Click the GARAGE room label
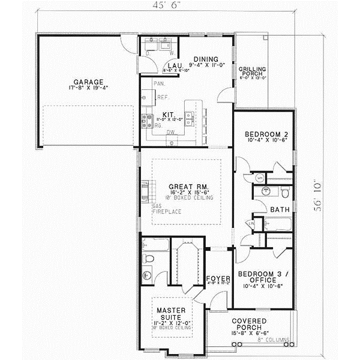[x=89, y=82]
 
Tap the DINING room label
[x=197, y=58]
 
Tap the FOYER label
[x=217, y=279]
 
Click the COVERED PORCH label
[x=251, y=322]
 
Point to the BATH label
[x=280, y=209]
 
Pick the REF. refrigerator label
[x=161, y=97]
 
